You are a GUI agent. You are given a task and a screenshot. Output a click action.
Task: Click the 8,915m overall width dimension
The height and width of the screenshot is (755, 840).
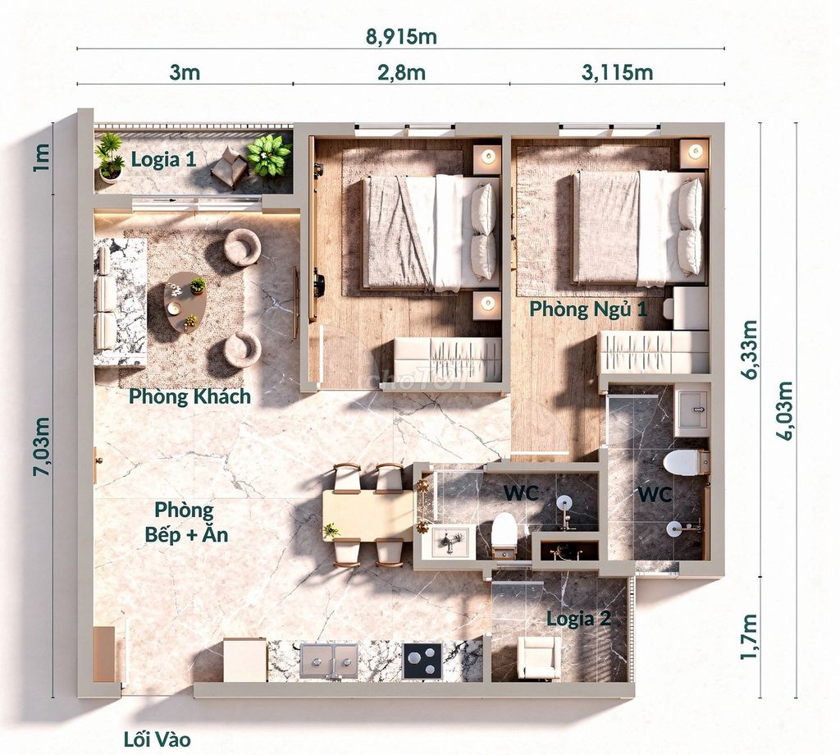click(x=401, y=36)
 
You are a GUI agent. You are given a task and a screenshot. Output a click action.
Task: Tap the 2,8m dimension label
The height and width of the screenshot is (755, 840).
click(x=401, y=72)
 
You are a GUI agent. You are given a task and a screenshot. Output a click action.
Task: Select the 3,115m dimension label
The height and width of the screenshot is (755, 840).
click(x=617, y=72)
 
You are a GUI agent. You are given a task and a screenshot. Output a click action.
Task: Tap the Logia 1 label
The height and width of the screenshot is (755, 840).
click(x=163, y=159)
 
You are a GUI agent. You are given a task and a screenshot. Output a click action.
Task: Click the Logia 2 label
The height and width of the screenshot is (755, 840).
click(x=578, y=619)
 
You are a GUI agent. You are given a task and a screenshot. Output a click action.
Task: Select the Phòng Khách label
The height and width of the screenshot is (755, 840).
click(x=189, y=396)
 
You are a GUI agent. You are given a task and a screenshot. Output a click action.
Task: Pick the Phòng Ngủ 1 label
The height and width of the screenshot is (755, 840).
click(x=588, y=309)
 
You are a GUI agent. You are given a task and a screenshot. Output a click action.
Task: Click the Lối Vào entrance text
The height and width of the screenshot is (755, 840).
click(x=157, y=740)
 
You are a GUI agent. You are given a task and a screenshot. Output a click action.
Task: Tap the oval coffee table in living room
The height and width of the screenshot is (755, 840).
click(x=185, y=302)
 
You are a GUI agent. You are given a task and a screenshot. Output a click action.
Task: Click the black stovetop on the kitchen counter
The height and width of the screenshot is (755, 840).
click(x=422, y=660)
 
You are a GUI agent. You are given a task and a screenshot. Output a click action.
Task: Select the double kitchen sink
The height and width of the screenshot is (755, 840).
click(x=328, y=660)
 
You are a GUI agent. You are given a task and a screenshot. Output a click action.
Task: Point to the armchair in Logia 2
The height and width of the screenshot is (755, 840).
click(x=539, y=657)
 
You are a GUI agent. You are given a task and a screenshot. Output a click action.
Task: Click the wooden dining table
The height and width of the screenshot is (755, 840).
click(x=367, y=515)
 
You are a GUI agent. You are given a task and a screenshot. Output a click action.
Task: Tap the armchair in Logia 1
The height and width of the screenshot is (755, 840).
click(x=230, y=166)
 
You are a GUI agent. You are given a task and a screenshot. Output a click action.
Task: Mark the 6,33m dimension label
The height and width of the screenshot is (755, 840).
click(x=750, y=350)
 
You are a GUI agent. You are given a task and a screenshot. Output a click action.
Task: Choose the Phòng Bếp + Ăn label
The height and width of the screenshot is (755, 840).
click(x=186, y=522)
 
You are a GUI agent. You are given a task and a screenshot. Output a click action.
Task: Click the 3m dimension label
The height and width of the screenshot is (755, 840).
click(x=185, y=72)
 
